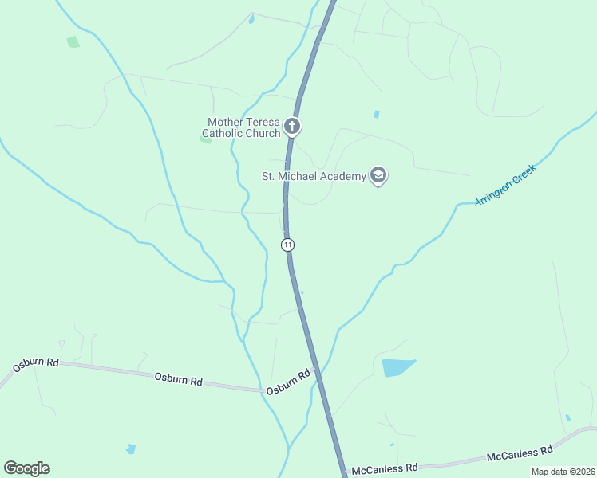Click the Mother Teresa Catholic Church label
coord(243,127)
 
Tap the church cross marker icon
coord(292,127)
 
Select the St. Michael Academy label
coord(314,176)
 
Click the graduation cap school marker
coord(378,176)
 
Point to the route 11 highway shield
coord(288,245)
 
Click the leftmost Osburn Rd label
coord(36,364)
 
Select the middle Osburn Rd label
coord(178,379)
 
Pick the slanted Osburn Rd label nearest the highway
coord(288,382)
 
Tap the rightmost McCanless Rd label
coord(520,453)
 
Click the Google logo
coord(26,468)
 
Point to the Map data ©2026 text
coord(563,472)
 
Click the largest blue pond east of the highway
coord(397,367)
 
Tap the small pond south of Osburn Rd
coord(131,449)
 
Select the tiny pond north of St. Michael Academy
coord(376,114)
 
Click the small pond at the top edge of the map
coord(251,19)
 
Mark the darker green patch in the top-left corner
coord(73,41)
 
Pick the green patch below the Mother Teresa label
coord(205,139)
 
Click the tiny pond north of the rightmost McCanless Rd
coord(567,417)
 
